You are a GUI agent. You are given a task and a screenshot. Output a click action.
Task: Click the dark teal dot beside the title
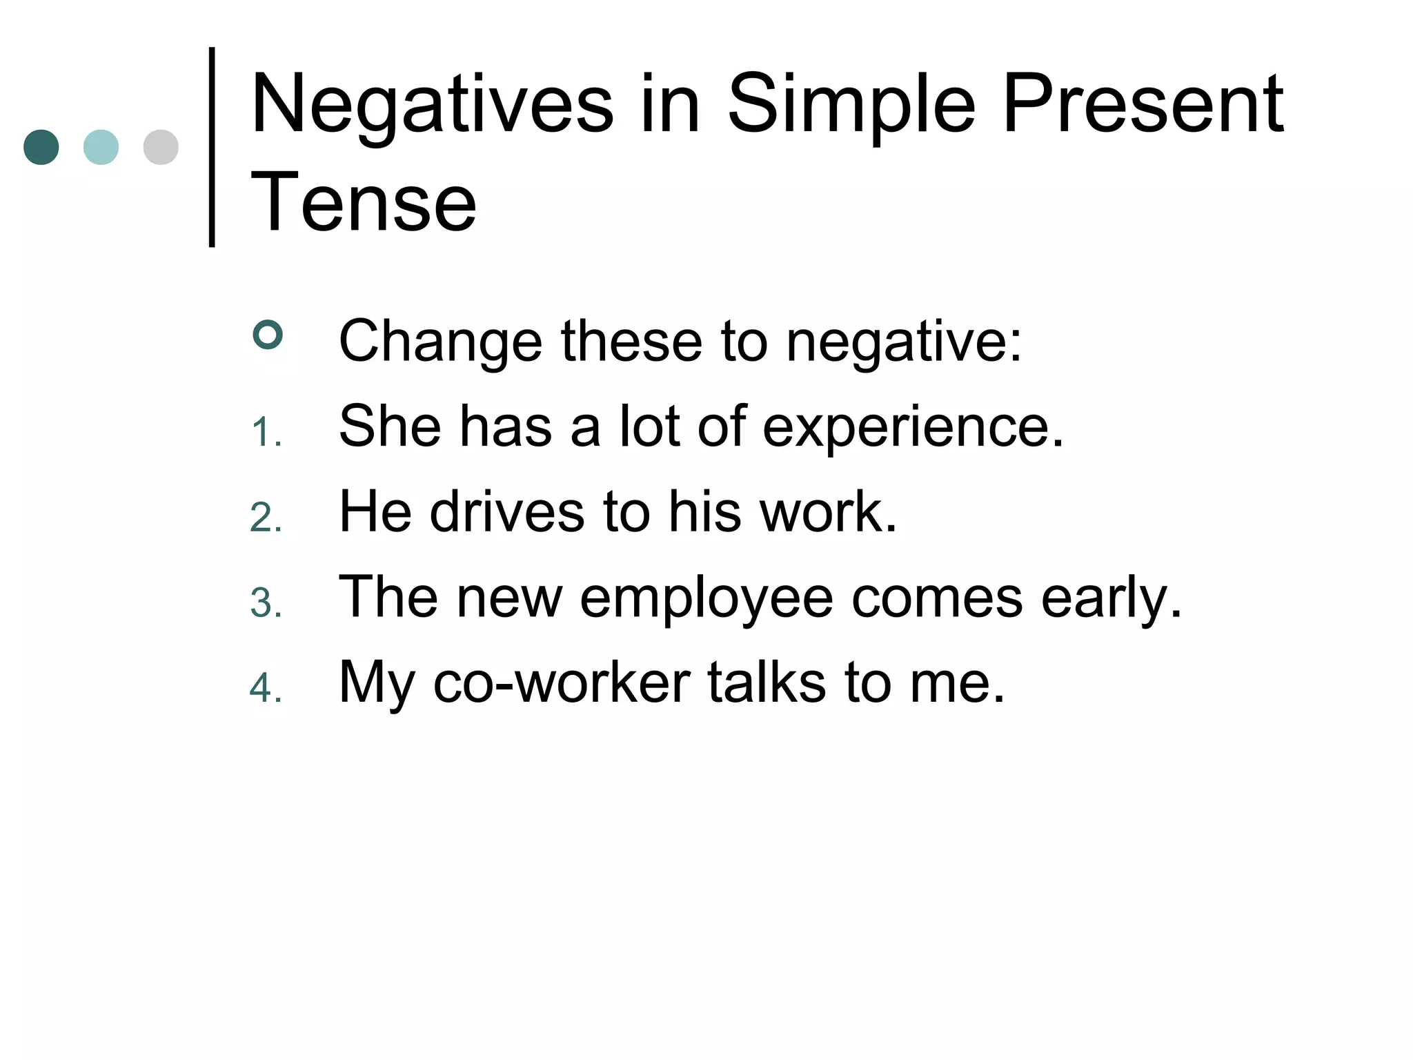click(x=41, y=147)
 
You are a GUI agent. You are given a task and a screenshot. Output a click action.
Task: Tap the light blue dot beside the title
click(x=101, y=147)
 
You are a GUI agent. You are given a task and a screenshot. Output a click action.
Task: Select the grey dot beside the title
click(x=161, y=147)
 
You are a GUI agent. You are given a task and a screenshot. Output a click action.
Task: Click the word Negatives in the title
click(x=432, y=105)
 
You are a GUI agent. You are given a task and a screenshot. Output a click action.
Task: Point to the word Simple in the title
click(x=851, y=105)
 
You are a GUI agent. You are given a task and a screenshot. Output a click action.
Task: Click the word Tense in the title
click(x=364, y=202)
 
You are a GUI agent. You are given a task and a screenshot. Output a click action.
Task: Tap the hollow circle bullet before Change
click(x=268, y=335)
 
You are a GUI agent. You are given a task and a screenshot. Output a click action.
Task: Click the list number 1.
click(x=266, y=433)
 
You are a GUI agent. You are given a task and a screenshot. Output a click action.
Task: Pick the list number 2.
click(x=266, y=518)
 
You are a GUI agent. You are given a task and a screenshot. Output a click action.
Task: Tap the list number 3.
click(x=266, y=603)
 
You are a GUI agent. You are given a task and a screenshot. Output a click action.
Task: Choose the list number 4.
click(x=266, y=688)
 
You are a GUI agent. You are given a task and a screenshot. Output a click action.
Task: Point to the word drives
click(x=507, y=512)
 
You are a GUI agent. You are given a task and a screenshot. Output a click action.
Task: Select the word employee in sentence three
click(x=706, y=598)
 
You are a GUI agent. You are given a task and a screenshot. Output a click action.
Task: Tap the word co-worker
click(x=562, y=683)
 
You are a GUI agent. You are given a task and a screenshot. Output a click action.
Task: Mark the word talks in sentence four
click(x=767, y=683)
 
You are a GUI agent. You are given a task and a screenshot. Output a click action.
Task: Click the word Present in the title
click(x=1143, y=105)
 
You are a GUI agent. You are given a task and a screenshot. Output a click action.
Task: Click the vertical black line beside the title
click(x=212, y=147)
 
